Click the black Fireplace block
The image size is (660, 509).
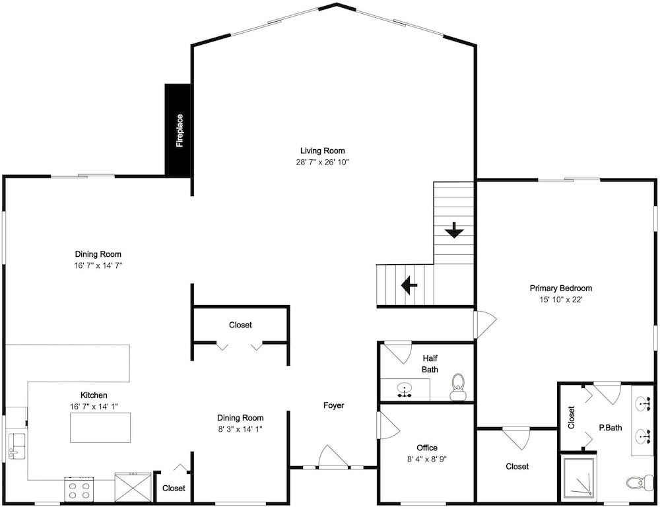tap(178, 130)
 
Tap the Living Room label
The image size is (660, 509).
tap(323, 151)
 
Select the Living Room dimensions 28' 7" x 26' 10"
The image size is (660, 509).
tap(323, 162)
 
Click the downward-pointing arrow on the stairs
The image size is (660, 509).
tap(454, 230)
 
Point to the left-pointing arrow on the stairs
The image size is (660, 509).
tap(409, 285)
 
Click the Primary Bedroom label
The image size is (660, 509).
tap(560, 288)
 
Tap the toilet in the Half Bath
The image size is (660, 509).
tap(457, 387)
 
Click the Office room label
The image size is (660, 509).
tap(427, 448)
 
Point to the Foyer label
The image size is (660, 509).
tap(333, 405)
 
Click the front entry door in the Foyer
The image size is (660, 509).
tap(334, 457)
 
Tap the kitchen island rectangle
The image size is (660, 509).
tap(100, 427)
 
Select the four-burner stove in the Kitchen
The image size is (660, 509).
tap(79, 489)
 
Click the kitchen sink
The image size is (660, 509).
tap(17, 447)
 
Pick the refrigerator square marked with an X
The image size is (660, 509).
tap(133, 487)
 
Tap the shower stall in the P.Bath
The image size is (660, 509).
tap(579, 477)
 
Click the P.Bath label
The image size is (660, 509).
tap(610, 428)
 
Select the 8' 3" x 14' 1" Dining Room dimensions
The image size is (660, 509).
tap(240, 429)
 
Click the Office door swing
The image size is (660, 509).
tap(389, 425)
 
